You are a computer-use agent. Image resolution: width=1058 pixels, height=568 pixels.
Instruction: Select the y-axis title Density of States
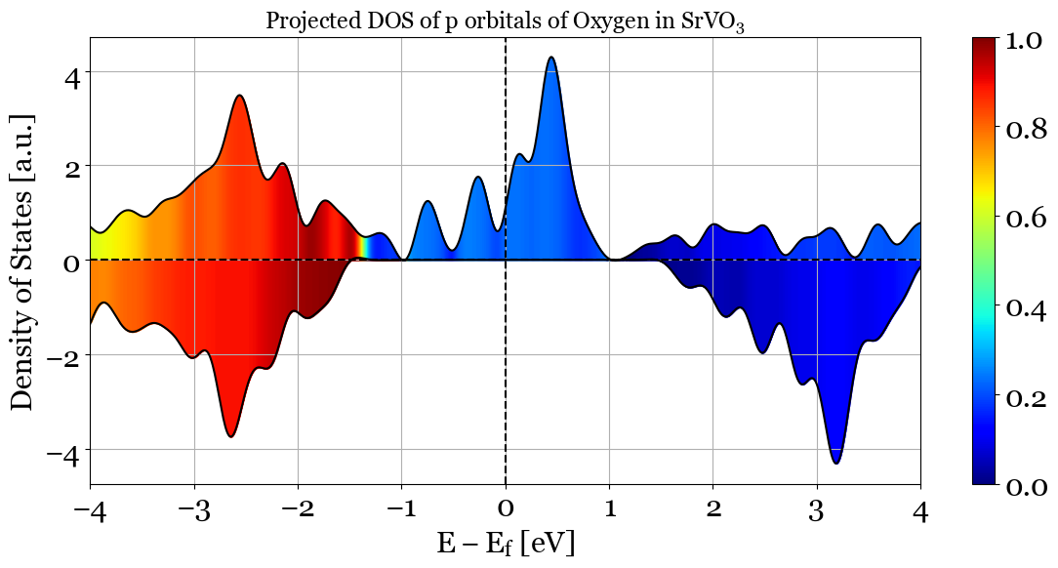click(21, 261)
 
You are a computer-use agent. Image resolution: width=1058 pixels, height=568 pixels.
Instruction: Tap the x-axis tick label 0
click(505, 508)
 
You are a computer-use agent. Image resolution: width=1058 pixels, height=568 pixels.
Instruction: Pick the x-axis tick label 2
click(712, 508)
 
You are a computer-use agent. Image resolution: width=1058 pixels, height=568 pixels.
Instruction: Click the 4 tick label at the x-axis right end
click(919, 508)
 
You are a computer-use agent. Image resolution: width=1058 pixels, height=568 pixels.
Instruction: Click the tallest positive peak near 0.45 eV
click(551, 58)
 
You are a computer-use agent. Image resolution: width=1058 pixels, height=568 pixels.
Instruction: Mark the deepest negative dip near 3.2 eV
click(836, 463)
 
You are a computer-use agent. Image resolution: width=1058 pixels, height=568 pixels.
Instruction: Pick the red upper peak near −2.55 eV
click(239, 96)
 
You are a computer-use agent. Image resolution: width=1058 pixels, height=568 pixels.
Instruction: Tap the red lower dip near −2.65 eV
click(230, 435)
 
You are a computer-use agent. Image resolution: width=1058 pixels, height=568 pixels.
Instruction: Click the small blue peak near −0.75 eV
click(427, 202)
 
